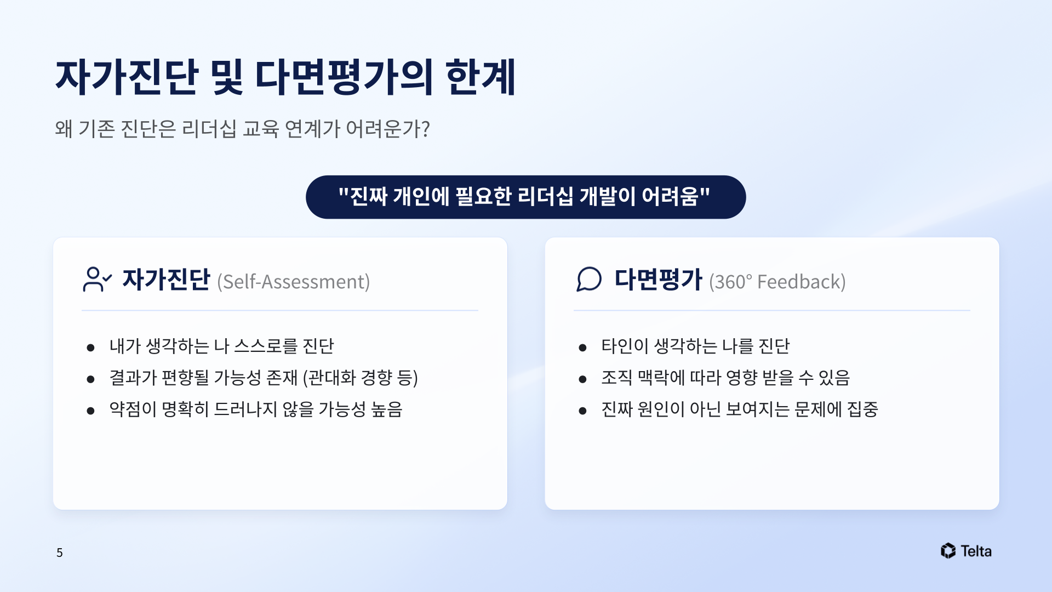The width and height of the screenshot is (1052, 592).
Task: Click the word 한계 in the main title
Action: coord(481,77)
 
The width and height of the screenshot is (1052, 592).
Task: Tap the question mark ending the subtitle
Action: coord(425,129)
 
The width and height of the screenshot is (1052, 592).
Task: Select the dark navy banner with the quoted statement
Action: coord(525,197)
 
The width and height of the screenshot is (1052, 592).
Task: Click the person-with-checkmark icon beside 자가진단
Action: coord(98,279)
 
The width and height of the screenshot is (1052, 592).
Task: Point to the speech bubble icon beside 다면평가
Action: coord(589,279)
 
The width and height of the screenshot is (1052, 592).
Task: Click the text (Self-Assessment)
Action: coord(294,282)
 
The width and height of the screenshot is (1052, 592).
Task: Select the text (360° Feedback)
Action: coord(777,282)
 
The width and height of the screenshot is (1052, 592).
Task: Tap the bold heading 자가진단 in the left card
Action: coord(166,279)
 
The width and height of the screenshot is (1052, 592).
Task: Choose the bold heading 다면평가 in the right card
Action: coord(658,279)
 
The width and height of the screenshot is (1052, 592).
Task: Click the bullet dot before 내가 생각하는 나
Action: coord(91,348)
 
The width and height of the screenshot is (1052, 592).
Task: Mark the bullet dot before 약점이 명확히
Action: coord(91,411)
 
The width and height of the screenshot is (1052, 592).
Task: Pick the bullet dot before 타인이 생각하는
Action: coord(583,348)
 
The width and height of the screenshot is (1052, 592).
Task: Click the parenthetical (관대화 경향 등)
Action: coord(361,378)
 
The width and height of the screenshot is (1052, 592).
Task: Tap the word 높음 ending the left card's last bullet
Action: coord(387,409)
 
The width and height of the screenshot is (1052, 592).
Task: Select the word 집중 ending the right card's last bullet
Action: coord(863,409)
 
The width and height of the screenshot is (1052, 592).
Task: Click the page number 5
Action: coord(60,553)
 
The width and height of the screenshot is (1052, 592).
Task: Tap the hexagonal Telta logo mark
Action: coord(948,551)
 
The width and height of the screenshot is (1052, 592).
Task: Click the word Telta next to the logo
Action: coord(976,551)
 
